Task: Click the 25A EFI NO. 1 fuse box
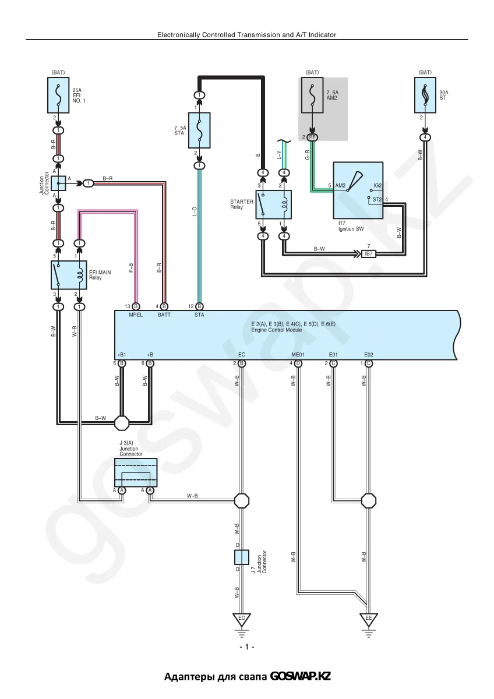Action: pyautogui.click(x=58, y=95)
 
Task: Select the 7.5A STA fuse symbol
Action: pyautogui.click(x=199, y=130)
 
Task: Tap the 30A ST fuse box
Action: pyautogui.click(x=425, y=95)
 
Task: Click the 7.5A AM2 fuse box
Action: pyautogui.click(x=312, y=95)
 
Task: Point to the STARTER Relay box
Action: pyautogui.click(x=274, y=204)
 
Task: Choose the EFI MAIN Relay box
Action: pyautogui.click(x=69, y=275)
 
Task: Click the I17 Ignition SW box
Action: pyautogui.click(x=358, y=190)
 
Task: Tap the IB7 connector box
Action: pyautogui.click(x=369, y=254)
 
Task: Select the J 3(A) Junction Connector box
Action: pyautogui.click(x=136, y=472)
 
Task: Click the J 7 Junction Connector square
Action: pyautogui.click(x=242, y=557)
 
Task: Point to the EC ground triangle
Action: pyautogui.click(x=242, y=620)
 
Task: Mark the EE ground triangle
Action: pyautogui.click(x=369, y=620)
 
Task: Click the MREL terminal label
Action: pyautogui.click(x=136, y=315)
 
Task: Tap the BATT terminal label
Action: pyautogui.click(x=164, y=315)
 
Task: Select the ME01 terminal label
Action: pyautogui.click(x=298, y=355)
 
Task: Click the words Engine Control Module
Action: pyautogui.click(x=277, y=330)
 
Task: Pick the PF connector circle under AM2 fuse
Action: pyautogui.click(x=312, y=137)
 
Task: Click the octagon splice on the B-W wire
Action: pyautogui.click(x=122, y=423)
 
